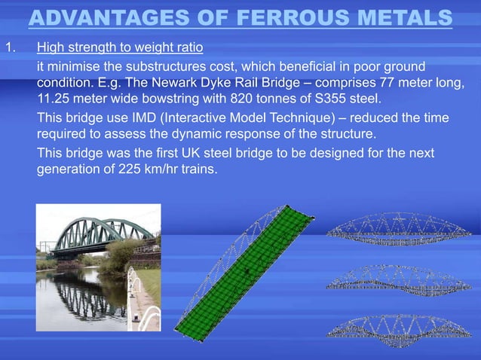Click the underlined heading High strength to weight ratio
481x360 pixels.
tap(120, 49)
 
